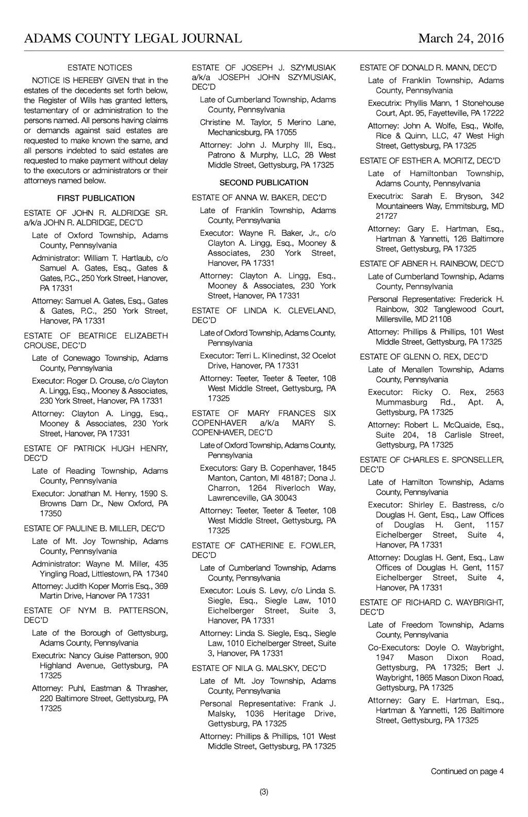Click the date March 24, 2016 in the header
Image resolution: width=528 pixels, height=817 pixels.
pyautogui.click(x=460, y=39)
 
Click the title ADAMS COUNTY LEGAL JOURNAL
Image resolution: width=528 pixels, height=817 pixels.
pyautogui.click(x=133, y=39)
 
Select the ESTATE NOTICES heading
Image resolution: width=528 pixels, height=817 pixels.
pyautogui.click(x=100, y=68)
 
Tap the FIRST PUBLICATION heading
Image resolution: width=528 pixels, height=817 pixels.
pyautogui.click(x=96, y=198)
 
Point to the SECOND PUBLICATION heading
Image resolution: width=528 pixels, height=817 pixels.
pyautogui.click(x=264, y=183)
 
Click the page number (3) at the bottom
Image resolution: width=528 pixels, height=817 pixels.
pyautogui.click(x=264, y=792)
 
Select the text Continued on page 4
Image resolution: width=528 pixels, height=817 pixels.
pyautogui.click(x=467, y=772)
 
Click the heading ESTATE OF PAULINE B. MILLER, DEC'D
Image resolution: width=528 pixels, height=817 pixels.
pyautogui.click(x=94, y=528)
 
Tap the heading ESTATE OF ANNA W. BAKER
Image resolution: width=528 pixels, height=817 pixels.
pyautogui.click(x=259, y=198)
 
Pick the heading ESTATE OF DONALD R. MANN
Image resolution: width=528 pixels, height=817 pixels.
pyautogui.click(x=428, y=68)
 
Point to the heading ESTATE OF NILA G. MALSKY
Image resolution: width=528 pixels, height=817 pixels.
pyautogui.click(x=259, y=668)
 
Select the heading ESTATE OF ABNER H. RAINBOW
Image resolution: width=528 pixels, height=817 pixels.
pyautogui.click(x=432, y=264)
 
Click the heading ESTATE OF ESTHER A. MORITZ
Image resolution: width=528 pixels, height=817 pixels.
pyautogui.click(x=430, y=161)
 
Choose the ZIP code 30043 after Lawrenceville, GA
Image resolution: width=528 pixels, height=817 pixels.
pyautogui.click(x=286, y=498)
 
